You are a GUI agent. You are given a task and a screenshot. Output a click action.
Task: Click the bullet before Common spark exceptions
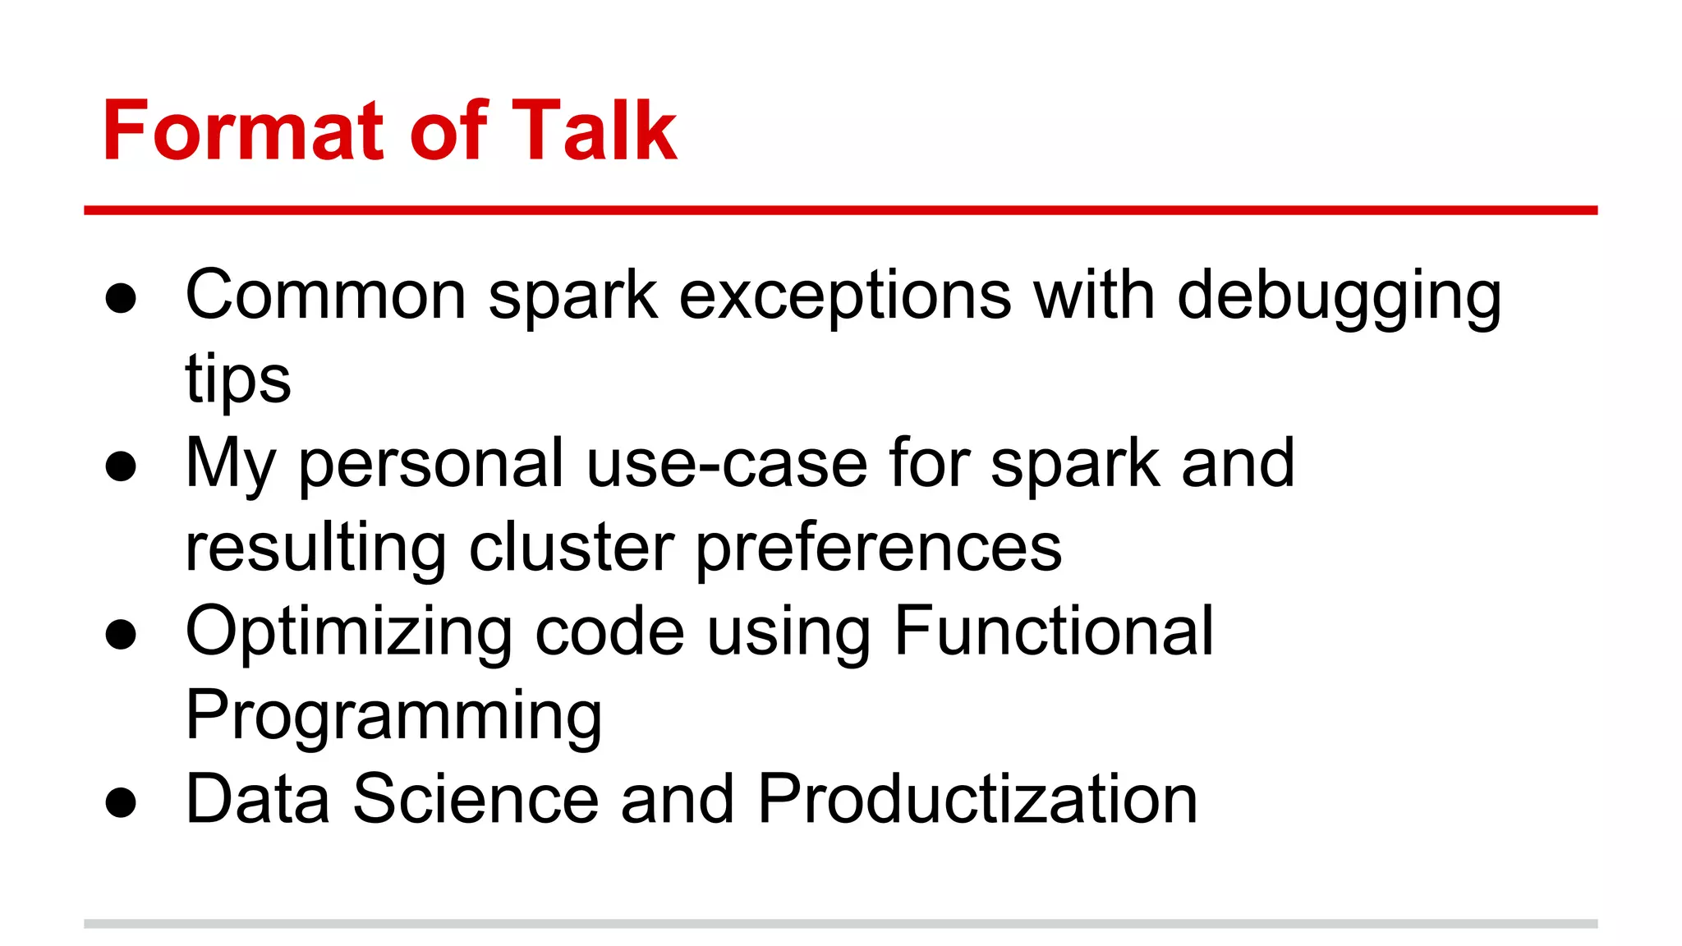tap(121, 299)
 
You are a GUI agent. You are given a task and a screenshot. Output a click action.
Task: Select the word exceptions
tap(845, 297)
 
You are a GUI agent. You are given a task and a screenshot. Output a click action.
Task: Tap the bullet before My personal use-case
tap(121, 466)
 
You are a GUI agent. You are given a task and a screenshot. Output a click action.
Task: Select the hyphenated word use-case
tap(727, 465)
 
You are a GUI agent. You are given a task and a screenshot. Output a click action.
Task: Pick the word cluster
tap(572, 549)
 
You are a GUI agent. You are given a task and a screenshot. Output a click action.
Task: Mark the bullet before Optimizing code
tap(121, 635)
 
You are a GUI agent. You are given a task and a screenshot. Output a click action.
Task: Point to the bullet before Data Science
tap(121, 802)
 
